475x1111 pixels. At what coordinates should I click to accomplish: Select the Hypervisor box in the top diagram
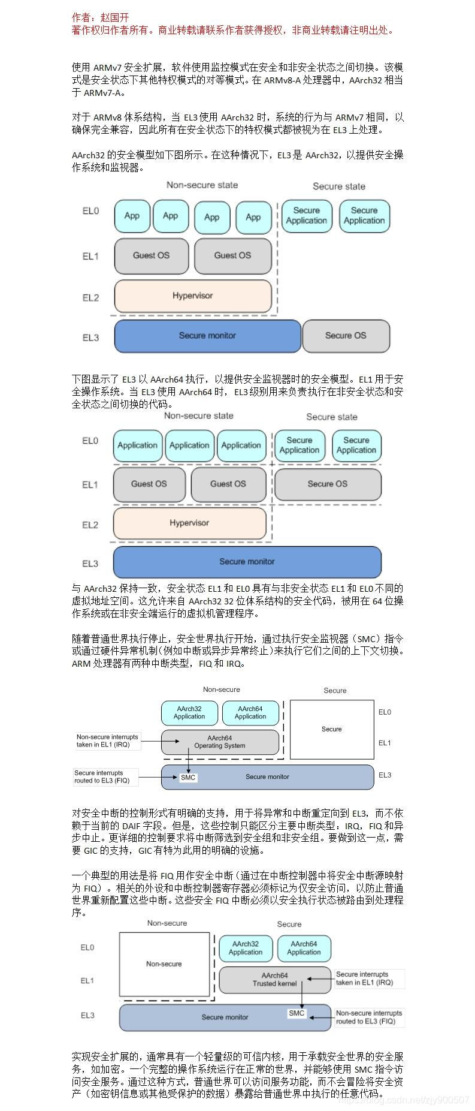click(x=193, y=296)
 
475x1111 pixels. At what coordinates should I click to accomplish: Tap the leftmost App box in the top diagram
click(x=132, y=216)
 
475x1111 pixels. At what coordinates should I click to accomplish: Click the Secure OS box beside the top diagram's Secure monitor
click(x=346, y=336)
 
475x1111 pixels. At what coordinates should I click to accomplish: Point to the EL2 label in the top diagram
click(x=90, y=297)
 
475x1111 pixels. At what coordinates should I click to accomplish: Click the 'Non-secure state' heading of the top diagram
click(x=202, y=185)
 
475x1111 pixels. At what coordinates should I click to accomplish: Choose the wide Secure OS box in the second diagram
click(x=328, y=484)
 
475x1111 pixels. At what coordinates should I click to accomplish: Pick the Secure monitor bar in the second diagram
click(x=247, y=562)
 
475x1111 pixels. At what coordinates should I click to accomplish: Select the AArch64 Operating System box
click(x=220, y=742)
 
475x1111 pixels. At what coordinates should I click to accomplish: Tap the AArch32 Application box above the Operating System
click(x=189, y=713)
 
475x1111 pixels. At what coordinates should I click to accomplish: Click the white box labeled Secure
click(x=332, y=729)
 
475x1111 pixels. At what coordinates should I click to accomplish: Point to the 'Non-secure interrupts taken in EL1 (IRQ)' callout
click(x=108, y=741)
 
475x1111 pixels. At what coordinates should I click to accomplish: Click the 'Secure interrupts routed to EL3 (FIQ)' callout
click(x=105, y=777)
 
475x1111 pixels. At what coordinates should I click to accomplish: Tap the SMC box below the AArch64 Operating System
click(x=188, y=778)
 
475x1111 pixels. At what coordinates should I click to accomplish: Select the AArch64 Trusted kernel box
click(x=274, y=979)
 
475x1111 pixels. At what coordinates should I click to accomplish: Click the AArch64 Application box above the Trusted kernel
click(x=304, y=948)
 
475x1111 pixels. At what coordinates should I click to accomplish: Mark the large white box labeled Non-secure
click(x=164, y=964)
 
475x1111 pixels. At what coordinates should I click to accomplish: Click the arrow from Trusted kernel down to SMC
click(x=301, y=995)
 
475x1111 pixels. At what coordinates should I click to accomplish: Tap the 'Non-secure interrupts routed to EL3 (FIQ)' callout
click(x=368, y=1017)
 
